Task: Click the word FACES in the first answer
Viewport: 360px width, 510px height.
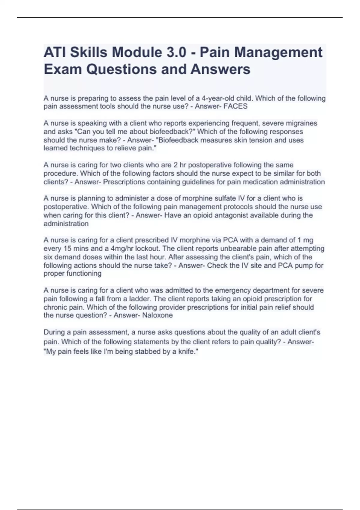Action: pyautogui.click(x=235, y=106)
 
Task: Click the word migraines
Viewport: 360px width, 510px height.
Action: pyautogui.click(x=302, y=123)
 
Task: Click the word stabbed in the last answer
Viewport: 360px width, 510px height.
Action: pyautogui.click(x=146, y=351)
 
